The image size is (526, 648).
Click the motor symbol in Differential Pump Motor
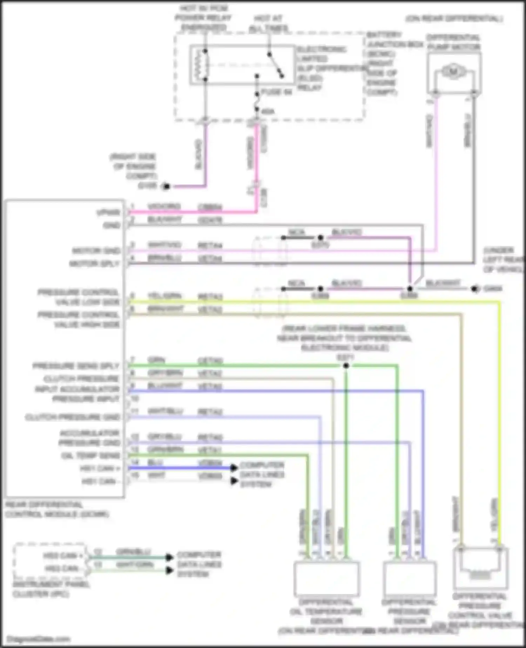tap(453, 72)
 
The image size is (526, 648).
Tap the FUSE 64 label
tap(277, 92)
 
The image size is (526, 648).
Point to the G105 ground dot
tap(167, 186)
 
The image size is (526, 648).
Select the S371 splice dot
tap(346, 365)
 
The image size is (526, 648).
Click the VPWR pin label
tap(108, 212)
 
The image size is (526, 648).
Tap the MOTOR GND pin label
tap(96, 251)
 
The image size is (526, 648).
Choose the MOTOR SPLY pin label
tap(94, 264)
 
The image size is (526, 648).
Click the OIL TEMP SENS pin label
tap(90, 456)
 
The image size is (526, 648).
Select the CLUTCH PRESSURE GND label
tap(73, 417)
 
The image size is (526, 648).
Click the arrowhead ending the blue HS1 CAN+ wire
tap(234, 468)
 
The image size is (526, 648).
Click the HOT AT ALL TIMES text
tap(269, 23)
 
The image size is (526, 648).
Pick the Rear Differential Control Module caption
tap(57, 510)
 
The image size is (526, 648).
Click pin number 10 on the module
tap(135, 398)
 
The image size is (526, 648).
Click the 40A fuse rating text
tap(268, 112)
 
